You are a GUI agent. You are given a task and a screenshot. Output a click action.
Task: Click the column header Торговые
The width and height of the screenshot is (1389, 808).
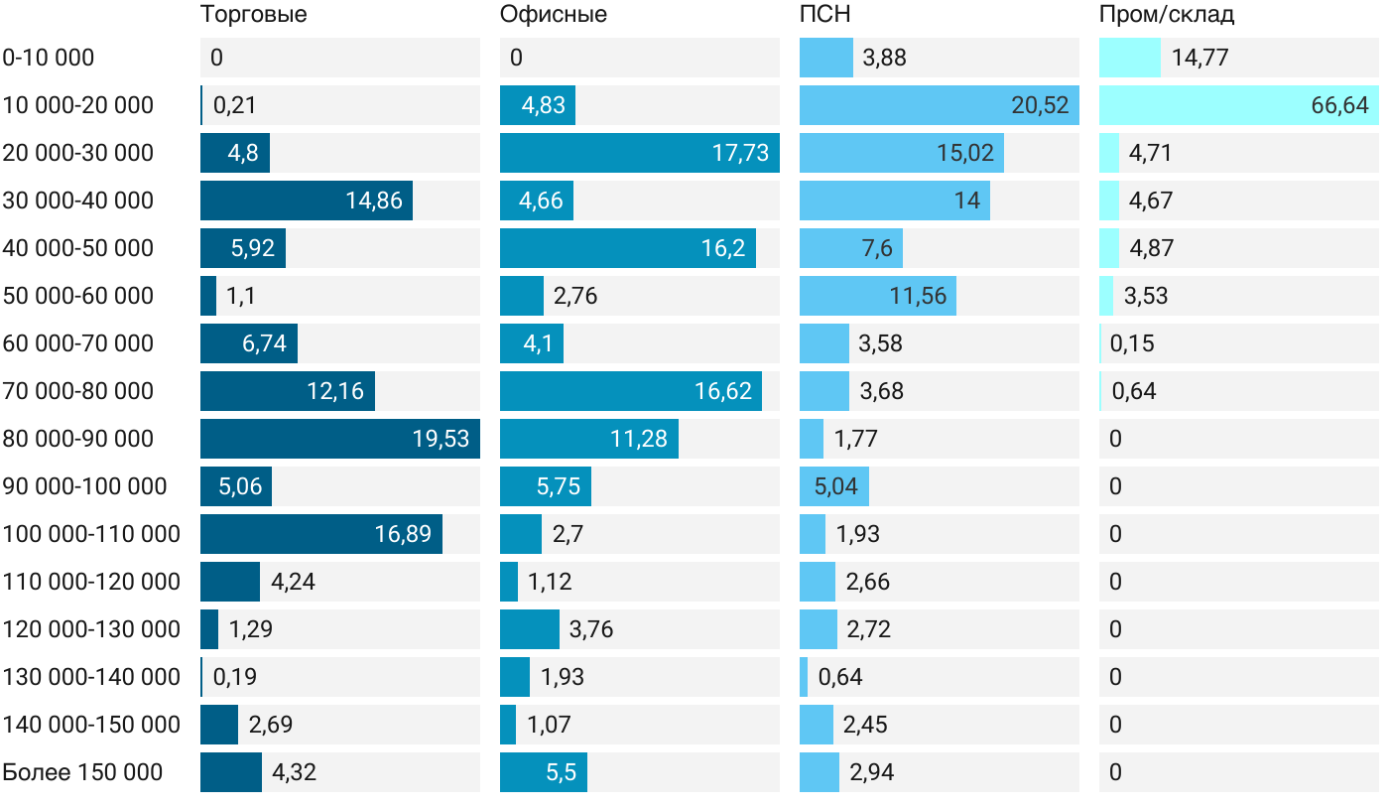coord(253,15)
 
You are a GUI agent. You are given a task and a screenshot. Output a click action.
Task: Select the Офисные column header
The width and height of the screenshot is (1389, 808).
coord(553,15)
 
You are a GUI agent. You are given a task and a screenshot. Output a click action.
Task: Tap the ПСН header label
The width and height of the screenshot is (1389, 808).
coord(824,15)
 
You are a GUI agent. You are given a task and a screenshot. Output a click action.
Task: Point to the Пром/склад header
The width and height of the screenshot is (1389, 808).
coord(1166,15)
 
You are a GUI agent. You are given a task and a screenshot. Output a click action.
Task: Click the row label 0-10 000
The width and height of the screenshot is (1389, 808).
coord(49,58)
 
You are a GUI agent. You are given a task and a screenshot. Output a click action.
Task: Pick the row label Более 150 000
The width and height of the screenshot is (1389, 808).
coord(82,772)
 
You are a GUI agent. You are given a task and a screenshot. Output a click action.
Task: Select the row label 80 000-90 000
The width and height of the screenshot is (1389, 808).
coord(78,439)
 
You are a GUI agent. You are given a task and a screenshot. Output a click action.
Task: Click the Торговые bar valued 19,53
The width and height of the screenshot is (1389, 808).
coord(339,439)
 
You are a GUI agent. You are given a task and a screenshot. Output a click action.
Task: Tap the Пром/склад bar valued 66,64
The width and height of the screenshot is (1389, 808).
coord(1238,105)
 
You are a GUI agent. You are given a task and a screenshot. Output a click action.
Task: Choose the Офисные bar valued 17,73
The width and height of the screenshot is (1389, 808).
coord(639,153)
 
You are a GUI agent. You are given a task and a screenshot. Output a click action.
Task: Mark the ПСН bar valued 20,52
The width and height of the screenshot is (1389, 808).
coord(939,105)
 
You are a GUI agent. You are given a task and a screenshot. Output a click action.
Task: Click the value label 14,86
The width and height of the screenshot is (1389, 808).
coord(374,201)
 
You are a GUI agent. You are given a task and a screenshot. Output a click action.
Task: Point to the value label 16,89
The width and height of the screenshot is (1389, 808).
coord(403,534)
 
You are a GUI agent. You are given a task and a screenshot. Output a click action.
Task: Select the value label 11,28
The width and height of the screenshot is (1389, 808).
coord(639,439)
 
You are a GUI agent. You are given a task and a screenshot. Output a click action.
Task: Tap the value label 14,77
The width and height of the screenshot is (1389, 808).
coord(1200,58)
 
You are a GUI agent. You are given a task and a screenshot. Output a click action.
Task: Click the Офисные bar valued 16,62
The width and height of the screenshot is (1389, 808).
coord(630,391)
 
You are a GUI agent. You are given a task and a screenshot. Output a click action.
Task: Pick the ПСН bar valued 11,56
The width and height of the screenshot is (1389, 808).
coord(877,296)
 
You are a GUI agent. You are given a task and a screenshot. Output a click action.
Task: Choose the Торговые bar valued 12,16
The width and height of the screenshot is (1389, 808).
coord(287,391)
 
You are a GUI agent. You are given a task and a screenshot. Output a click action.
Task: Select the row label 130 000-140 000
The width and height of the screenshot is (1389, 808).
coord(91,677)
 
